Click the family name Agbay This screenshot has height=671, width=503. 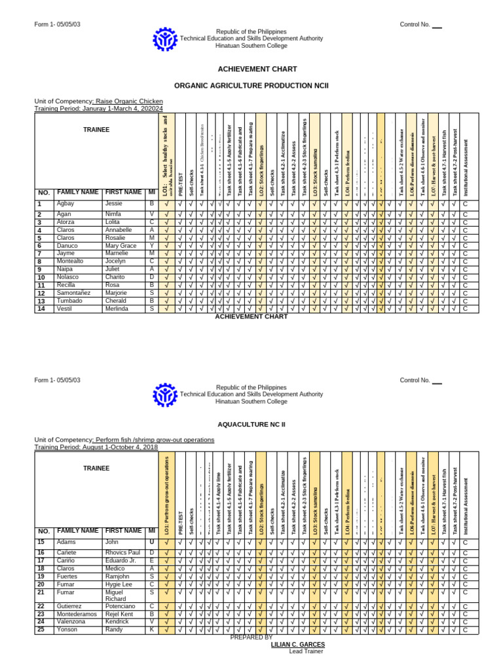[x=67, y=204]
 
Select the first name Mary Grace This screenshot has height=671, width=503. [x=121, y=246]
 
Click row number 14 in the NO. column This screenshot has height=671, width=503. [x=40, y=309]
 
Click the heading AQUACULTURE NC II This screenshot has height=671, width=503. [x=251, y=424]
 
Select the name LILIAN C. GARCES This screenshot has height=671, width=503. [x=297, y=645]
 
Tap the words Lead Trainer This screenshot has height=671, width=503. [x=298, y=652]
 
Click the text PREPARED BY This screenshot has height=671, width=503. [x=251, y=637]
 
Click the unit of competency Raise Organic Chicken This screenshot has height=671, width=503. [x=129, y=102]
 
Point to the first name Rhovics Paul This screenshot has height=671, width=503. [x=124, y=553]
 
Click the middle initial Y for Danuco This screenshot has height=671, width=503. [x=151, y=246]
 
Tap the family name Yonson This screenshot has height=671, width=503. [x=68, y=629]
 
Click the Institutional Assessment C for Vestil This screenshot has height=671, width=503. [x=466, y=309]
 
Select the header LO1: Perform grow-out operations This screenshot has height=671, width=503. [x=167, y=494]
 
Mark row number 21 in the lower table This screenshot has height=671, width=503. [x=41, y=592]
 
